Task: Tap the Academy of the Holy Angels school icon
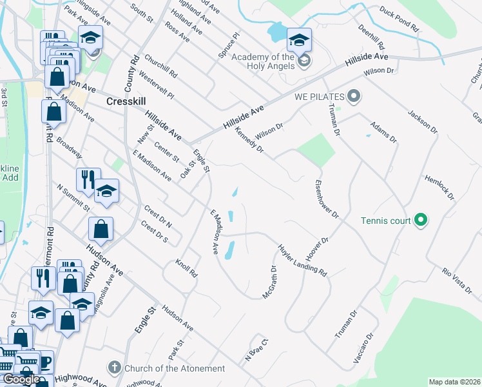click(x=298, y=39)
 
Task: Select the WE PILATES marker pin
click(x=352, y=97)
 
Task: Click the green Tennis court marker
click(x=421, y=221)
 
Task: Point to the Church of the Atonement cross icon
click(x=115, y=368)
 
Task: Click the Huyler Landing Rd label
click(x=303, y=261)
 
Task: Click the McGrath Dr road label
click(x=269, y=282)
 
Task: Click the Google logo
click(x=21, y=379)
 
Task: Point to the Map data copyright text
click(x=454, y=382)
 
